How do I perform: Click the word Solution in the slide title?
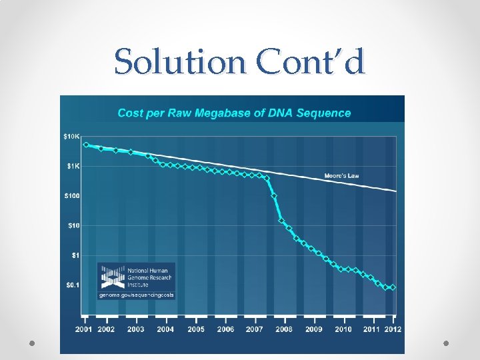point(180,61)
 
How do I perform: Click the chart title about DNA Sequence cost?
point(234,113)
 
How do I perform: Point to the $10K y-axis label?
point(71,137)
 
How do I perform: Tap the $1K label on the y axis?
point(73,166)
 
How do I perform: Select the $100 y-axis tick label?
point(72,195)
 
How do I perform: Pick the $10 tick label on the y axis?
point(73,225)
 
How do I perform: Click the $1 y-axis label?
point(75,255)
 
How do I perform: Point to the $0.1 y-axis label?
point(73,285)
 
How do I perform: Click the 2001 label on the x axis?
point(83,329)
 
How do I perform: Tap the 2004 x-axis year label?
point(165,329)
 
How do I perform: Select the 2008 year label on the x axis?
point(284,329)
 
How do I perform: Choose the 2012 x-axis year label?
point(393,329)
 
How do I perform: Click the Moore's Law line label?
point(341,176)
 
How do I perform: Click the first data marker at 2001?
point(86,145)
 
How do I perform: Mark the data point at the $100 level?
point(274,195)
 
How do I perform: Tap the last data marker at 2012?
point(393,287)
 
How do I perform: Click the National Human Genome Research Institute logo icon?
point(113,277)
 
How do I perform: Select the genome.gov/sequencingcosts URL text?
point(137,295)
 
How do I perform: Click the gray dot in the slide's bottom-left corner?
point(32,343)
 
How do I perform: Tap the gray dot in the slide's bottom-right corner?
point(446,343)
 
